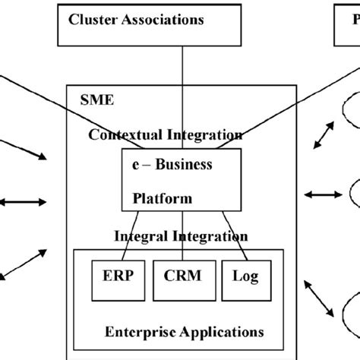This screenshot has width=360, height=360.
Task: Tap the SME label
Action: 95,99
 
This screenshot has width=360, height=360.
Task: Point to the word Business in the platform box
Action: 186,165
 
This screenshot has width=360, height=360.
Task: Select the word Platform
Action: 163,199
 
